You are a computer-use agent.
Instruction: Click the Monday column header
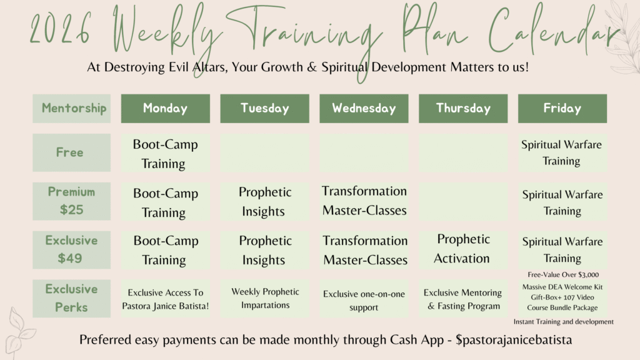165,109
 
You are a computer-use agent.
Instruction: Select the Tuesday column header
264,109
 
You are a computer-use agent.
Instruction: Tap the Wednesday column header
364,109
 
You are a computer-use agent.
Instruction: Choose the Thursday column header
463,109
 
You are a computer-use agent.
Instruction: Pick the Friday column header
562,109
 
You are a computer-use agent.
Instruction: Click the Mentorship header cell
71,109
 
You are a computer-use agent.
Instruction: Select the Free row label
71,152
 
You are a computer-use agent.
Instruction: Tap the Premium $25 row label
71,201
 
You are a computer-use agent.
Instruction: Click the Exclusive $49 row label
71,250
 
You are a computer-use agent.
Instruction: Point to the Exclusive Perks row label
71,298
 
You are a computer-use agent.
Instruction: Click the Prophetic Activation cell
463,250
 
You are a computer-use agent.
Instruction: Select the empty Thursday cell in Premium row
463,201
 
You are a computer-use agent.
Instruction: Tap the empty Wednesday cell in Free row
364,152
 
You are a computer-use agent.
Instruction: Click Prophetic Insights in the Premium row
264,201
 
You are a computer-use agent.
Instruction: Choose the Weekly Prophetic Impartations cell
264,298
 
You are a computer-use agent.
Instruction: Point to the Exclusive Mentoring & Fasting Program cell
463,298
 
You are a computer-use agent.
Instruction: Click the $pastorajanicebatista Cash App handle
514,340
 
